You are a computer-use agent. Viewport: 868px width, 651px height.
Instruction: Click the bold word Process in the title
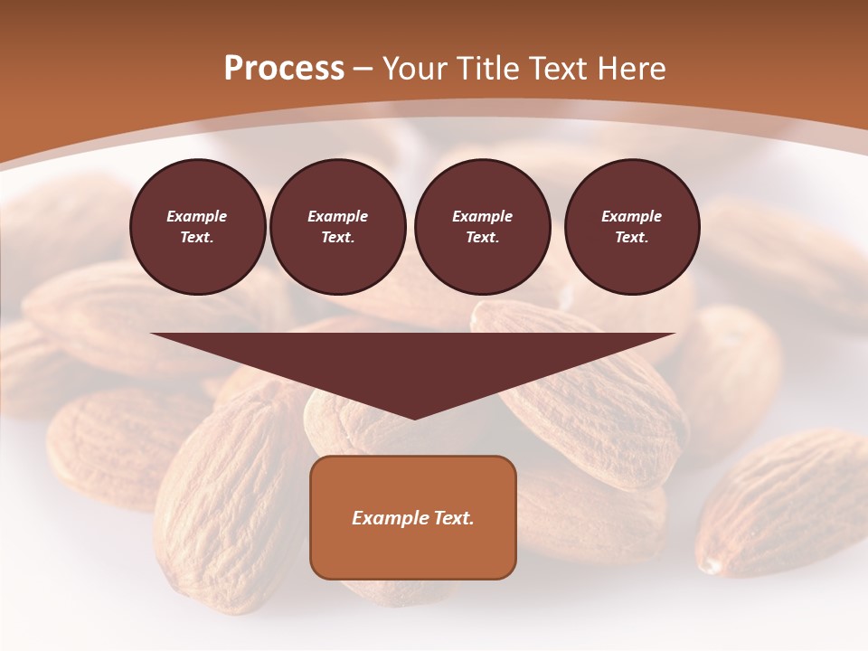(x=284, y=69)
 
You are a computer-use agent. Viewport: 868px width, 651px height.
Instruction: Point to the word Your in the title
(x=413, y=69)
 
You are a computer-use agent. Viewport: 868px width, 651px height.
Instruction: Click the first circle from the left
(x=198, y=226)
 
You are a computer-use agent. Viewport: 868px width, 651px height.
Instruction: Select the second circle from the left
(x=338, y=226)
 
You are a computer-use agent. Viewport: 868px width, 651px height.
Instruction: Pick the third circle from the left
(x=483, y=226)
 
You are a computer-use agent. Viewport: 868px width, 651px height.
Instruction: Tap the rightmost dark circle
(x=632, y=226)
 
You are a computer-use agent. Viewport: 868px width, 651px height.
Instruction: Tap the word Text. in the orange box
(x=451, y=518)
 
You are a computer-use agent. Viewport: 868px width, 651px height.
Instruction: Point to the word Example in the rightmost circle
(x=632, y=216)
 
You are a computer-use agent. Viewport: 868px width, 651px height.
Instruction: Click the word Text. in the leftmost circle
(x=198, y=238)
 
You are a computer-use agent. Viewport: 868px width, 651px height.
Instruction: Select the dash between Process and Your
(x=363, y=69)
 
